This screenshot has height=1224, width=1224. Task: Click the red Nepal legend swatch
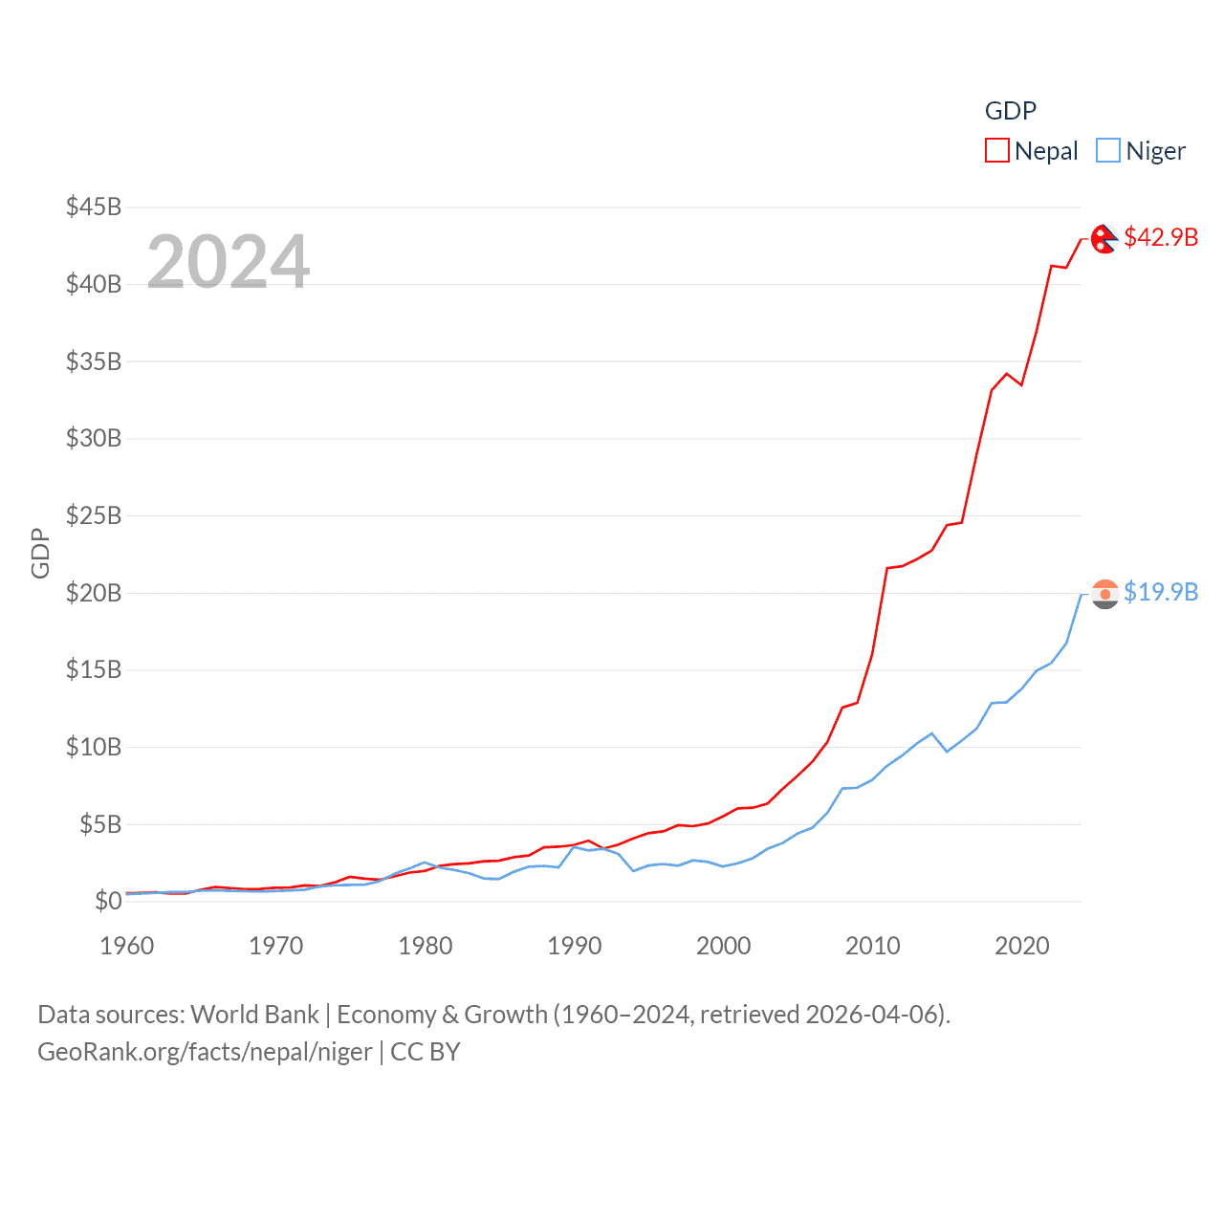pyautogui.click(x=997, y=151)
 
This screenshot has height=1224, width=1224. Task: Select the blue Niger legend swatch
pyautogui.click(x=1107, y=151)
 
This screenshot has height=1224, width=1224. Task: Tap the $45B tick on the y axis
pyautogui.click(x=94, y=207)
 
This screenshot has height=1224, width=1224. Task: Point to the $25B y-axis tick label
pyautogui.click(x=94, y=515)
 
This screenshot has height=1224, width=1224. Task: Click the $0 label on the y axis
pyautogui.click(x=108, y=901)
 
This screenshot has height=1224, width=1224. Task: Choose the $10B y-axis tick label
pyautogui.click(x=94, y=747)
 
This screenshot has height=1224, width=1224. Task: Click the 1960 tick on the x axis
pyautogui.click(x=127, y=946)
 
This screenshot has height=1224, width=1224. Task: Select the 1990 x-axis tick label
pyautogui.click(x=575, y=946)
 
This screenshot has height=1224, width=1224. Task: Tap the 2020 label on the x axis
pyautogui.click(x=1022, y=946)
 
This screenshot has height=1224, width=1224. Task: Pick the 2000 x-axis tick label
pyautogui.click(x=724, y=946)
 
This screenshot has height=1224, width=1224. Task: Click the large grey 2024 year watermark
pyautogui.click(x=229, y=262)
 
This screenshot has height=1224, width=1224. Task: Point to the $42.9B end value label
pyautogui.click(x=1161, y=237)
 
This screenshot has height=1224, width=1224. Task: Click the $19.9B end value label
pyautogui.click(x=1161, y=592)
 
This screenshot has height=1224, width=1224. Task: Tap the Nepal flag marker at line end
pyautogui.click(x=1104, y=239)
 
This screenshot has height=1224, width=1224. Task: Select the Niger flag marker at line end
pyautogui.click(x=1104, y=594)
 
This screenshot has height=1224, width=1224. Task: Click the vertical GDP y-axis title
pyautogui.click(x=40, y=553)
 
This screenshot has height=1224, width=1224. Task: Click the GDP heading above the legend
pyautogui.click(x=1011, y=111)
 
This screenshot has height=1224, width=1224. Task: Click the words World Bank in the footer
pyautogui.click(x=255, y=1015)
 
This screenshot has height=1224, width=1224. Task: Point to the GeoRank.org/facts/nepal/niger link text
pyautogui.click(x=205, y=1052)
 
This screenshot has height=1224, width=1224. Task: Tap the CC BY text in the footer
pyautogui.click(x=426, y=1052)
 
